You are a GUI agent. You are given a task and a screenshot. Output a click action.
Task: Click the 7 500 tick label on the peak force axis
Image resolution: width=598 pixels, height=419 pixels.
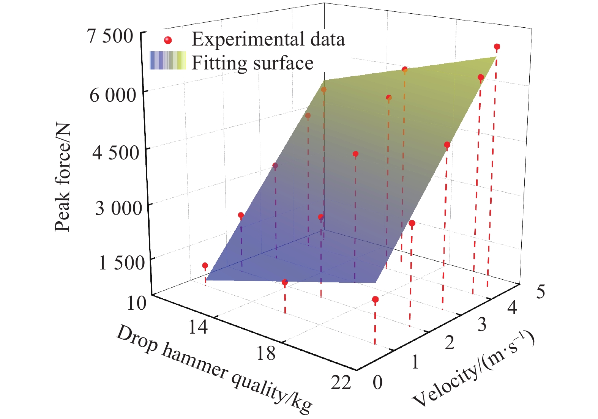(110, 36)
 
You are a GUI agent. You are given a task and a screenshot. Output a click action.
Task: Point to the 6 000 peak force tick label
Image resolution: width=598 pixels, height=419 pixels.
(112, 95)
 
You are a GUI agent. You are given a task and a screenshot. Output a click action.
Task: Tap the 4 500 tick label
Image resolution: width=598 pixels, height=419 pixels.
(116, 153)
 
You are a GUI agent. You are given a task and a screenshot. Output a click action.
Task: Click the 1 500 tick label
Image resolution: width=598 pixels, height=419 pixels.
(121, 263)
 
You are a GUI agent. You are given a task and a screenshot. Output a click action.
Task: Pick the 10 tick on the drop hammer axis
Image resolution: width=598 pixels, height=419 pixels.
(136, 303)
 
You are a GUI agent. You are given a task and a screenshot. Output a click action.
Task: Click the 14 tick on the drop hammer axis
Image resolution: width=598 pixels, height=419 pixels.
(198, 326)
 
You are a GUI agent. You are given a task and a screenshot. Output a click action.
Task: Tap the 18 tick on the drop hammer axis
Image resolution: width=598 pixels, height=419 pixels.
(265, 353)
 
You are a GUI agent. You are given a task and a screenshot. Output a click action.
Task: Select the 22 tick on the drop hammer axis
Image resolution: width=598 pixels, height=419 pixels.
(341, 382)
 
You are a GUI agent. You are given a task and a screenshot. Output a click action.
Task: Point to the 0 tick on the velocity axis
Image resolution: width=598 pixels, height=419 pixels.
(377, 383)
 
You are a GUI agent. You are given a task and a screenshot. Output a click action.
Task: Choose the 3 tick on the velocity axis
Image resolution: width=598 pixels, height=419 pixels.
(481, 324)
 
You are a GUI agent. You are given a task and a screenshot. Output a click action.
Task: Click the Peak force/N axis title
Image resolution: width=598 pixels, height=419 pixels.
(63, 177)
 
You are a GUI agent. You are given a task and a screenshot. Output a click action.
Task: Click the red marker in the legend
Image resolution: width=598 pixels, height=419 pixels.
(168, 40)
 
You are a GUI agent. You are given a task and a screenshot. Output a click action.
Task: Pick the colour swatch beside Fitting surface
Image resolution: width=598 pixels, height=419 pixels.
(168, 61)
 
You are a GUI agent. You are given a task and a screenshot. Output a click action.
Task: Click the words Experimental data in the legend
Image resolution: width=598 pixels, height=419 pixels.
(268, 39)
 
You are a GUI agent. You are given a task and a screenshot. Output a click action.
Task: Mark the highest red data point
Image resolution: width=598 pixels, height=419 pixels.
(497, 47)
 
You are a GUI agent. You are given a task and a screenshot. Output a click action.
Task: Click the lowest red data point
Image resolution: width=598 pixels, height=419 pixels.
(375, 300)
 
